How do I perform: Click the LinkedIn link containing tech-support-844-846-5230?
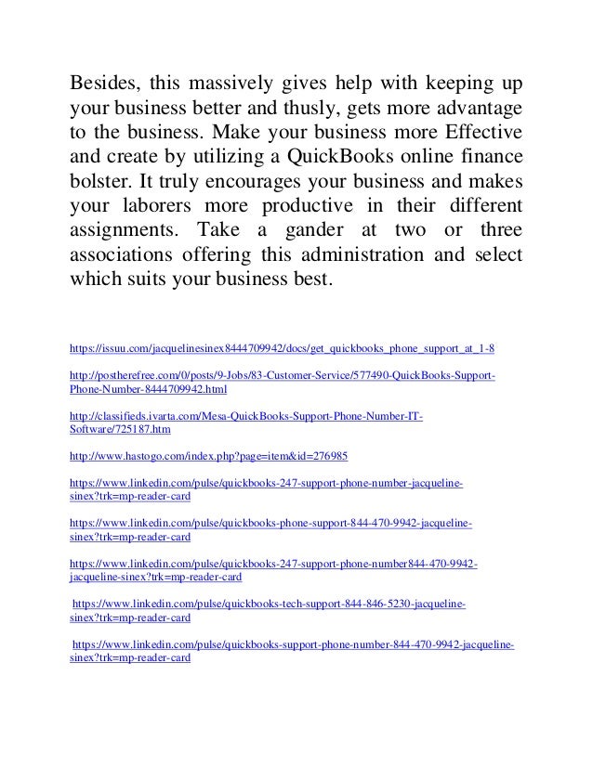(x=269, y=604)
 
